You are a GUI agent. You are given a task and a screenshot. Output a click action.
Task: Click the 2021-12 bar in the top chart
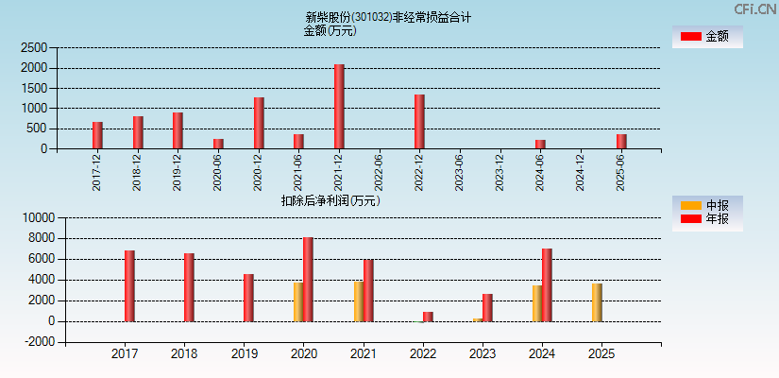pyautogui.click(x=339, y=107)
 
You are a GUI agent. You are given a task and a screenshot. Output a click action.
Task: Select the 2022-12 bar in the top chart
pyautogui.click(x=419, y=122)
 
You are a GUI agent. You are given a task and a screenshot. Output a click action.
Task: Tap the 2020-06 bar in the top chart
pyautogui.click(x=218, y=144)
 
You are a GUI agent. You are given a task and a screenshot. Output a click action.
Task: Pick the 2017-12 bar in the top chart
pyautogui.click(x=97, y=135)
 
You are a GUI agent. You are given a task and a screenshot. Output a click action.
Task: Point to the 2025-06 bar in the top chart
pyautogui.click(x=621, y=142)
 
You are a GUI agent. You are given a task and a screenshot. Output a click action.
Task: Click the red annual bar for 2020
pyautogui.click(x=309, y=280)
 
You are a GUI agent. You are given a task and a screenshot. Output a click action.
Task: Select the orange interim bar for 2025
pyautogui.click(x=597, y=302)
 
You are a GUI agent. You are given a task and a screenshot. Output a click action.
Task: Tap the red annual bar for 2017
pyautogui.click(x=129, y=286)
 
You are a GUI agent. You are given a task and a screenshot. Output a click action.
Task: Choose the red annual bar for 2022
pyautogui.click(x=428, y=317)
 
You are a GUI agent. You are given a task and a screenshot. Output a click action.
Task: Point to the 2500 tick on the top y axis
pyautogui.click(x=34, y=47)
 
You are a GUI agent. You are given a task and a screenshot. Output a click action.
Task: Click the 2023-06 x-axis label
pyautogui.click(x=460, y=172)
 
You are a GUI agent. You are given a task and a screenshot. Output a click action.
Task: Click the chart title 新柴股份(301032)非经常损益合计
pyautogui.click(x=388, y=17)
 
